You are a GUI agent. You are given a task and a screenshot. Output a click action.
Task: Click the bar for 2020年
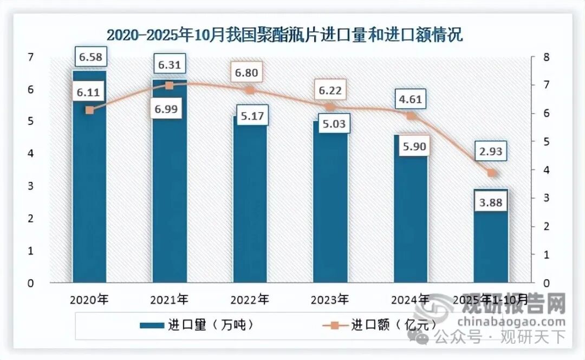89,179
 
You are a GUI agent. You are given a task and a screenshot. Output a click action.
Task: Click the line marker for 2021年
169,86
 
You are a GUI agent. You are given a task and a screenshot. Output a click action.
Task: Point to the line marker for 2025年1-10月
491,173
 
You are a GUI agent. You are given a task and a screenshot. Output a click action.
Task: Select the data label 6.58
91,56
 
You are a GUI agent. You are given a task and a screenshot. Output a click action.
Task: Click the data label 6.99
168,109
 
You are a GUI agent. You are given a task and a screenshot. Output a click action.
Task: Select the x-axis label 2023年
330,299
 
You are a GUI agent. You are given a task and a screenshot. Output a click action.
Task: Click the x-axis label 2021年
170,299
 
